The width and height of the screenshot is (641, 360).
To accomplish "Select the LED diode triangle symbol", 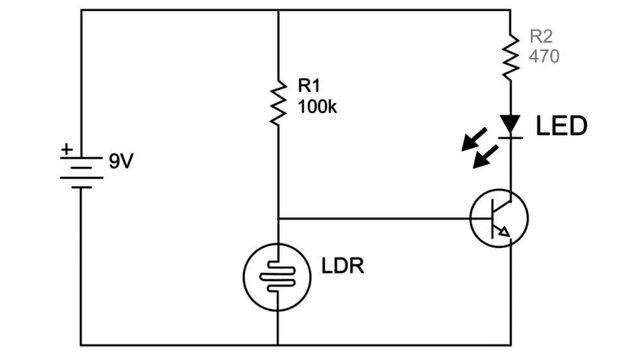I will (510, 125).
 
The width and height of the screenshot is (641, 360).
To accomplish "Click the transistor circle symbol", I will (499, 218).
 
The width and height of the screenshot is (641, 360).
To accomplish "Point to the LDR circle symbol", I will (277, 275).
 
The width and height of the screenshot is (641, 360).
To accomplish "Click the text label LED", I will (561, 127).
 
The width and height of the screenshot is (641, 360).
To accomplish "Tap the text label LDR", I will (342, 268).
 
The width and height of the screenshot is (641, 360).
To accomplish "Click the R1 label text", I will (310, 88).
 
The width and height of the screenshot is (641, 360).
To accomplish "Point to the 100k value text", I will (318, 107).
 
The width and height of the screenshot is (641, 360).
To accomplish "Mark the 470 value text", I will (543, 59).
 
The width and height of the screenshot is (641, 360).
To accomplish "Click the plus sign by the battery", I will (66, 149).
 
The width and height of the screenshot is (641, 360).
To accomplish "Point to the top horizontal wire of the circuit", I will (300, 10).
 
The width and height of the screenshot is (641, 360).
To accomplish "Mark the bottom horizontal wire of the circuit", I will (300, 344).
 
